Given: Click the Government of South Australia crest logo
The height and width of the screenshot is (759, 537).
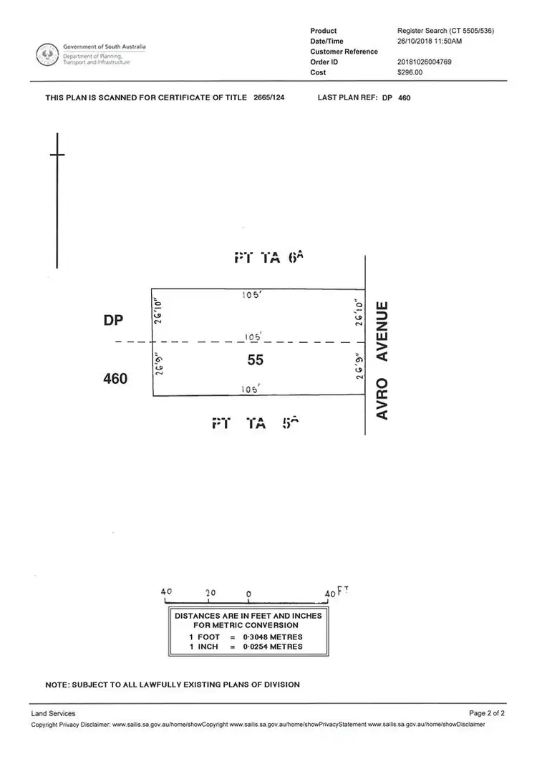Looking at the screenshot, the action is [48, 54].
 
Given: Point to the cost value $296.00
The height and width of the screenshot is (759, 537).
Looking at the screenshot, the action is [410, 72].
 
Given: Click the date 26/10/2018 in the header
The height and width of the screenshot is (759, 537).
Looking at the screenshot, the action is [413, 42].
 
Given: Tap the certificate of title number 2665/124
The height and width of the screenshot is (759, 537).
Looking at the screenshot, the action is [269, 97].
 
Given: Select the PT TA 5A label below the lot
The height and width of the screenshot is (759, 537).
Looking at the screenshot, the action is [255, 423].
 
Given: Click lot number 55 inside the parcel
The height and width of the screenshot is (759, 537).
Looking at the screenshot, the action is [256, 360].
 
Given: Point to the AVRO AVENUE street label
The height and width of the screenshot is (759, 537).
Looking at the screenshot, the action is [382, 361].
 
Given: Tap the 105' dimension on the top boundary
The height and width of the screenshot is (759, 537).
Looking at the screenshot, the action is [251, 294].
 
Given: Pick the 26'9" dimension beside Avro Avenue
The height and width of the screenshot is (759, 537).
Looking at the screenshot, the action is [359, 366].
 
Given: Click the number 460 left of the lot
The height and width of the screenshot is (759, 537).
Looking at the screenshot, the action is [115, 378].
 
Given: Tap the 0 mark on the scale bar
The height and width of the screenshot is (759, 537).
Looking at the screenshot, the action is [248, 594].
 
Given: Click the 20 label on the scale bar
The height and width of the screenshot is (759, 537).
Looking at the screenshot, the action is [210, 594].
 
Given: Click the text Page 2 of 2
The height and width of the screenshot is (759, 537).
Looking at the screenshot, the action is [487, 713].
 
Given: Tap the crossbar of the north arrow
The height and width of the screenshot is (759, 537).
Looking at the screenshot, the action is [57, 155].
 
